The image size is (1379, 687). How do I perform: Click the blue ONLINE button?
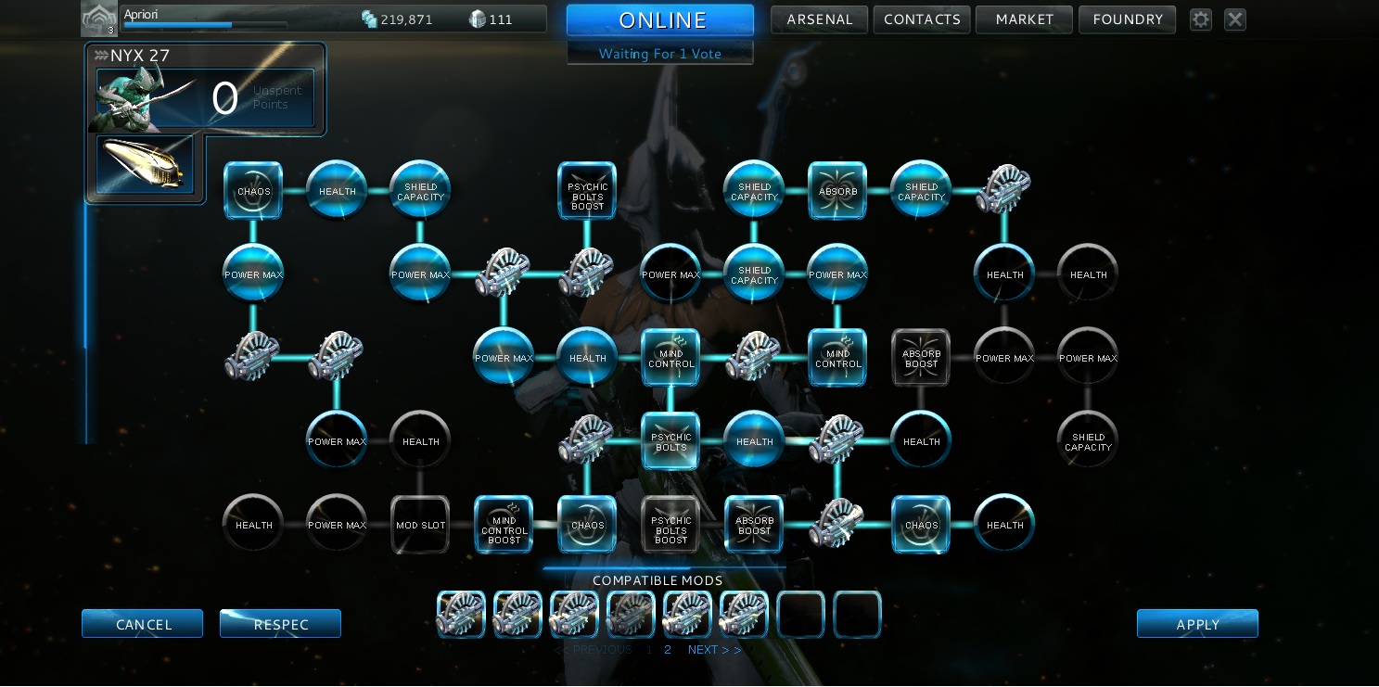pos(660,20)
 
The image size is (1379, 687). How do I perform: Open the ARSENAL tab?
pos(819,19)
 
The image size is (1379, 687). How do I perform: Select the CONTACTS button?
pos(921,19)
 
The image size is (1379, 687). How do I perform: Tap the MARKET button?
pos(1024,19)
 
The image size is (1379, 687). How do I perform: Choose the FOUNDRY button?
pos(1127,19)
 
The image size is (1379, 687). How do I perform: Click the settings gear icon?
pos(1201,19)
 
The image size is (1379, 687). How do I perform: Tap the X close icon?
pos(1235,19)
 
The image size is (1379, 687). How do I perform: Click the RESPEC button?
pos(280,624)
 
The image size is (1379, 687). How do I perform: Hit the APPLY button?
pos(1197,624)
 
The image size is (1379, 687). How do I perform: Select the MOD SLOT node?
pos(420,525)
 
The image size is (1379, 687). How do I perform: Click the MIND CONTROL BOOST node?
pos(504,525)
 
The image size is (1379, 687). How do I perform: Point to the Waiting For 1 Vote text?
pos(659,54)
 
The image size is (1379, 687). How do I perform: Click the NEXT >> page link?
pos(714,650)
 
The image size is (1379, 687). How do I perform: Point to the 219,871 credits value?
pos(406,19)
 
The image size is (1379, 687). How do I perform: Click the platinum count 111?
pos(501,19)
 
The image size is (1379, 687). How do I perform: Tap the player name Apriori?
pos(141,15)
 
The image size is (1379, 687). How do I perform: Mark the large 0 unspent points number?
pos(224,99)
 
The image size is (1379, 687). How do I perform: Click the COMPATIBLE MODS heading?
pos(658,581)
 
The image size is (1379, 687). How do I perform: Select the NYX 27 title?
pos(139,56)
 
